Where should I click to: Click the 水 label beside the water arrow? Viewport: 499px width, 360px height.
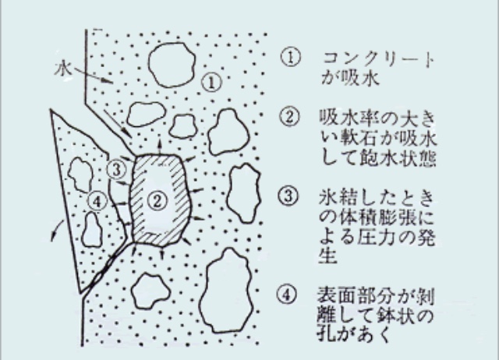pyautogui.click(x=63, y=69)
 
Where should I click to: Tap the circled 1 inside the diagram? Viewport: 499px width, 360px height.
pyautogui.click(x=212, y=83)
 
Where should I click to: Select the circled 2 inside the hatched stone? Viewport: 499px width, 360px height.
pyautogui.click(x=157, y=201)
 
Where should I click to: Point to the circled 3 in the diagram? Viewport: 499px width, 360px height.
pyautogui.click(x=116, y=170)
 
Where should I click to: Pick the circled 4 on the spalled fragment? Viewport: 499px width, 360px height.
pyautogui.click(x=97, y=201)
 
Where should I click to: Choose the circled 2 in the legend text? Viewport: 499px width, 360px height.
pyautogui.click(x=289, y=116)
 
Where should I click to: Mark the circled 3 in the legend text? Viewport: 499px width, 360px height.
pyautogui.click(x=288, y=196)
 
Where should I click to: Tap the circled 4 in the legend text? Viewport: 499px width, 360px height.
pyautogui.click(x=287, y=295)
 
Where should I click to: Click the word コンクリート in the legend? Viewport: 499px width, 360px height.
pyautogui.click(x=378, y=59)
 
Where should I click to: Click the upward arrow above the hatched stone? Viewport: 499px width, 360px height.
pyautogui.click(x=159, y=146)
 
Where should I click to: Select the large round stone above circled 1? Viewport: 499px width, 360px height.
pyautogui.click(x=172, y=65)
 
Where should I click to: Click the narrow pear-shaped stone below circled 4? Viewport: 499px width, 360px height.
pyautogui.click(x=92, y=230)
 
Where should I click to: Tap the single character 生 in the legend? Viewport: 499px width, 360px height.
pyautogui.click(x=327, y=256)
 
